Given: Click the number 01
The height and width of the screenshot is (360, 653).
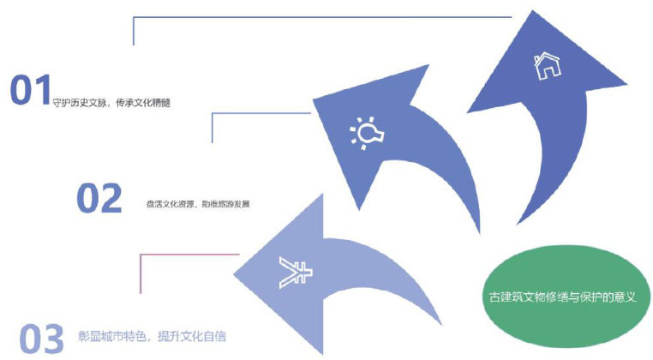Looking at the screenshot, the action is [x=30, y=91].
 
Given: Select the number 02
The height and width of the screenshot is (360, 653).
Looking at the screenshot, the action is [x=99, y=198].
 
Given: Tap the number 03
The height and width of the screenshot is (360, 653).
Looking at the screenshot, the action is [x=41, y=338].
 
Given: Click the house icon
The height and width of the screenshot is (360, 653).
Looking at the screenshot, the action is [x=545, y=65].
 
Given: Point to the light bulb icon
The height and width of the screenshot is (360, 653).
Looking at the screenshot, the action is [x=365, y=134].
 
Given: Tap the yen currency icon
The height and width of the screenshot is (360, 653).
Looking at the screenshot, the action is [x=294, y=273].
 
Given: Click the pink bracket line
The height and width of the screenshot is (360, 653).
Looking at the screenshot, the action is [x=140, y=273].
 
